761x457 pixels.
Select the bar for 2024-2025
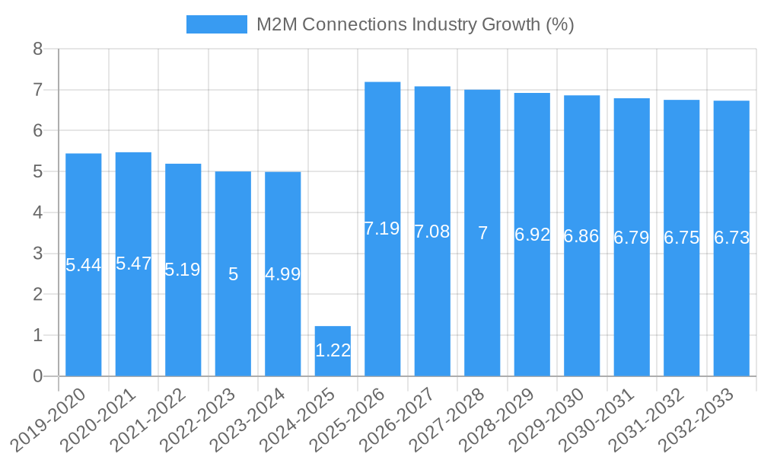[333, 351]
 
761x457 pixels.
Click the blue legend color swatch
[217, 24]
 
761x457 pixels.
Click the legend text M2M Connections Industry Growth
[415, 24]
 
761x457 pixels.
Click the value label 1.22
[333, 350]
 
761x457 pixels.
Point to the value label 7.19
[382, 228]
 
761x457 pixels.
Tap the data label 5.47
[133, 264]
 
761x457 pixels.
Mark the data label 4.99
[283, 274]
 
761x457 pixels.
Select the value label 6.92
[532, 235]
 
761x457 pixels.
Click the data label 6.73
[731, 238]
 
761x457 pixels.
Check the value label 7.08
[432, 232]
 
